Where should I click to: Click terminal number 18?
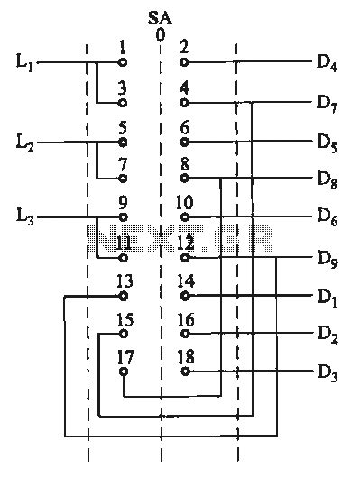[186, 356]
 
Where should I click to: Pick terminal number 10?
[186, 202]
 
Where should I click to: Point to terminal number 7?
[123, 163]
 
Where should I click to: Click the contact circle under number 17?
[124, 372]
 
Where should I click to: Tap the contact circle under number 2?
[185, 63]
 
